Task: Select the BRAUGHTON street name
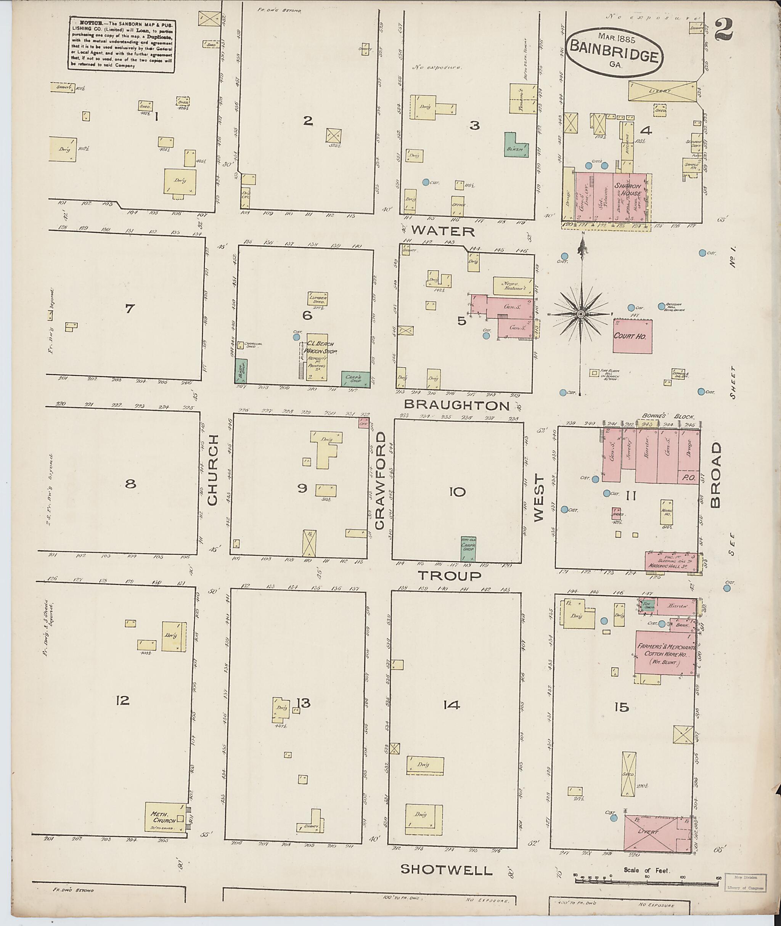(x=457, y=406)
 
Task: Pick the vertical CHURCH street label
(x=212, y=470)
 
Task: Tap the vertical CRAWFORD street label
(x=380, y=481)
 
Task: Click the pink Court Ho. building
(x=632, y=336)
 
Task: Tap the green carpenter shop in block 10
(x=468, y=549)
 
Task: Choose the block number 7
(x=129, y=308)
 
